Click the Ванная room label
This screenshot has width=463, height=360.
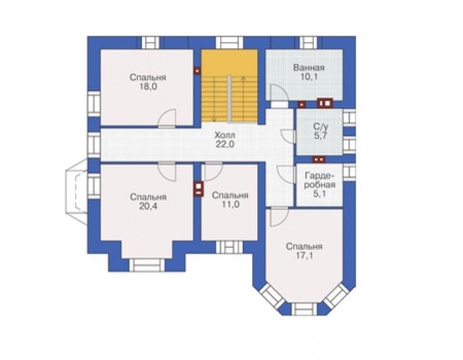coord(308,68)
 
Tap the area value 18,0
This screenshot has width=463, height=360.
coord(148,87)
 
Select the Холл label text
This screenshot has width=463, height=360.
coord(225,135)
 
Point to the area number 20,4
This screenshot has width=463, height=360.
coord(148,207)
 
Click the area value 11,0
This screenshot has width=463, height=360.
coord(230,205)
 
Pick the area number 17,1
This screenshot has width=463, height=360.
coord(304,255)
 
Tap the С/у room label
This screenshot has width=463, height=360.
coord(320,127)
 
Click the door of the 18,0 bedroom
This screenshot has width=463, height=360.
coord(167,118)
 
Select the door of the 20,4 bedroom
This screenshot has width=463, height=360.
coord(167,171)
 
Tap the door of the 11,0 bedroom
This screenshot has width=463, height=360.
coord(213,171)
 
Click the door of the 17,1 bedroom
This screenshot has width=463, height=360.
coord(279,217)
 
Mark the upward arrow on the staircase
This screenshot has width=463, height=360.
coord(243,99)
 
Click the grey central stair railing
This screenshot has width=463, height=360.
coord(229,99)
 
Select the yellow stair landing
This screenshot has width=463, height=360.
coord(230,63)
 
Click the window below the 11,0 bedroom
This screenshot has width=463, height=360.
coord(230,247)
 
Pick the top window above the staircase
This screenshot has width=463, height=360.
coord(230,43)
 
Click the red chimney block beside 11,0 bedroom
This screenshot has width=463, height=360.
coord(199,188)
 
